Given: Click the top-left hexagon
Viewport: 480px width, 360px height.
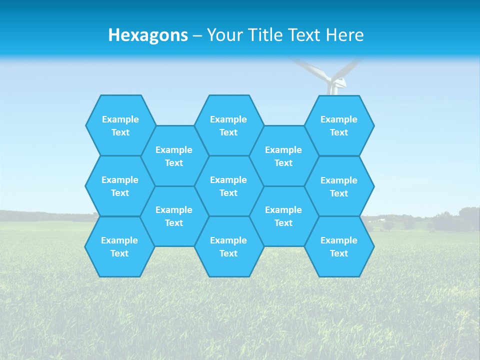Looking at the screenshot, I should [120, 125].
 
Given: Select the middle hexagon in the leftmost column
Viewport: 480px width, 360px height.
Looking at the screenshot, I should [120, 186].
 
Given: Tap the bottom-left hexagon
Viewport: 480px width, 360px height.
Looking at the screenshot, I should [119, 246].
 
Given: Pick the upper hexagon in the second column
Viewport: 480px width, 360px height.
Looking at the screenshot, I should [174, 156].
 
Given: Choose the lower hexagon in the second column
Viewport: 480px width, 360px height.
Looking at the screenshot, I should [174, 216].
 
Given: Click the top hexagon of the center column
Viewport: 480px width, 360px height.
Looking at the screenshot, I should [228, 125].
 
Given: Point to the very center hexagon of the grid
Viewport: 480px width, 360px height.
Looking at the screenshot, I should [228, 186].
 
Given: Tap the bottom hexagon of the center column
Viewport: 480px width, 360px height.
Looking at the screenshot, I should [228, 246].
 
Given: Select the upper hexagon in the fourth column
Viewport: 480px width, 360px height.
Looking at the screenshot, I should [283, 156].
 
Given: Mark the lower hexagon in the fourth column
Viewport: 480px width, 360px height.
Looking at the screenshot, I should [283, 216].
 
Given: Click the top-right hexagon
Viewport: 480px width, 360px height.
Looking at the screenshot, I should [339, 125].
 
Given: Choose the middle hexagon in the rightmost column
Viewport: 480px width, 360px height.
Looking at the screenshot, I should [339, 186].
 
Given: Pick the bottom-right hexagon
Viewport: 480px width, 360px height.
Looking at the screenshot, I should [339, 246].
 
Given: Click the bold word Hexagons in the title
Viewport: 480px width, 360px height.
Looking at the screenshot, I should [148, 35].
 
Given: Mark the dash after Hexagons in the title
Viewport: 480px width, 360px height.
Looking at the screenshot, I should [197, 35].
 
